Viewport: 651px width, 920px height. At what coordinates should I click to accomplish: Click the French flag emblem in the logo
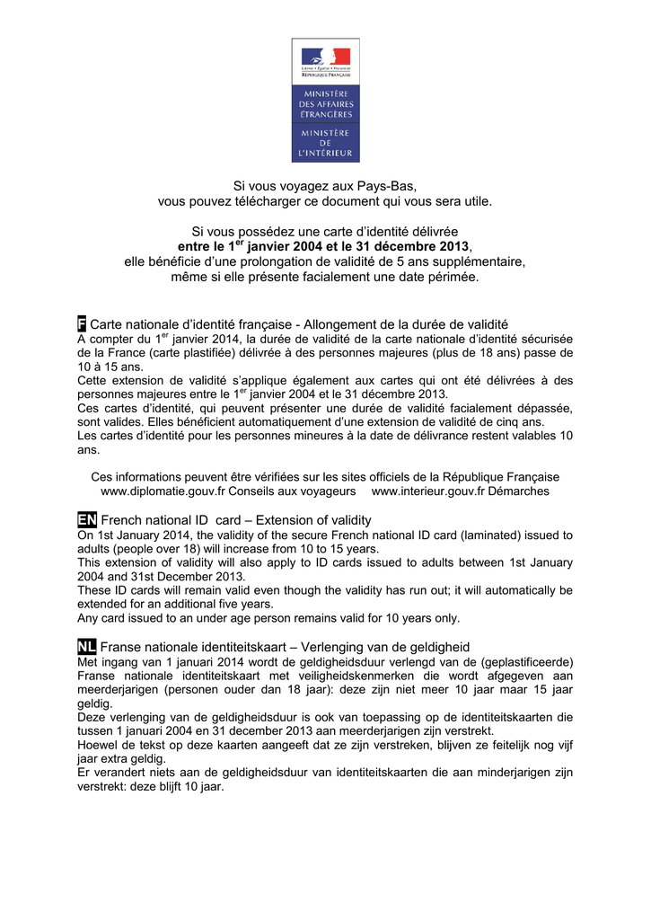[325, 57]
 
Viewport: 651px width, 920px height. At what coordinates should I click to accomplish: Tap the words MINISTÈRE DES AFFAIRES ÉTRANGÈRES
[325, 104]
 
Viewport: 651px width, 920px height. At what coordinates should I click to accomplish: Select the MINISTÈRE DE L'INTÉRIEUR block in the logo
[325, 143]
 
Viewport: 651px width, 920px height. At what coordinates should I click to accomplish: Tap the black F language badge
[82, 323]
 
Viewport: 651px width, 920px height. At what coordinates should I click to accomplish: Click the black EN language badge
[87, 520]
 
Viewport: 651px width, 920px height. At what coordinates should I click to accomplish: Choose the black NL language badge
[87, 647]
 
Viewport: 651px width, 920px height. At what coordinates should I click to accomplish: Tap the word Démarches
[520, 491]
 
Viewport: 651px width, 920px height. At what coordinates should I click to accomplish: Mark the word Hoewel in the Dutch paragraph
[98, 745]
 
